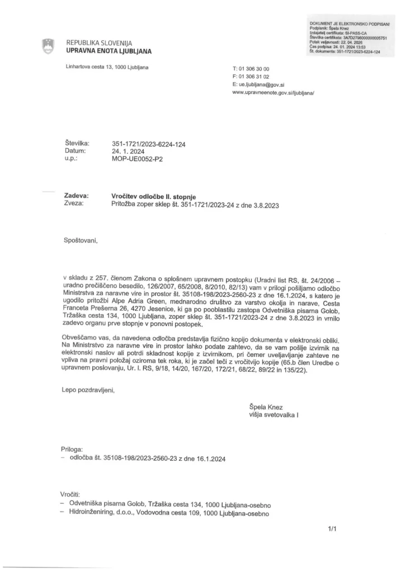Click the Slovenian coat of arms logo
pos(48,46)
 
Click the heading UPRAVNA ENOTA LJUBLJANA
pos(109,51)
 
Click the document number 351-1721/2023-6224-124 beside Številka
pos(149,144)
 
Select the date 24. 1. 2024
pos(129,151)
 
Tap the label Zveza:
pos(74,204)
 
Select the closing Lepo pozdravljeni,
pos(88,390)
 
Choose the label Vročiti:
pos(70,495)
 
